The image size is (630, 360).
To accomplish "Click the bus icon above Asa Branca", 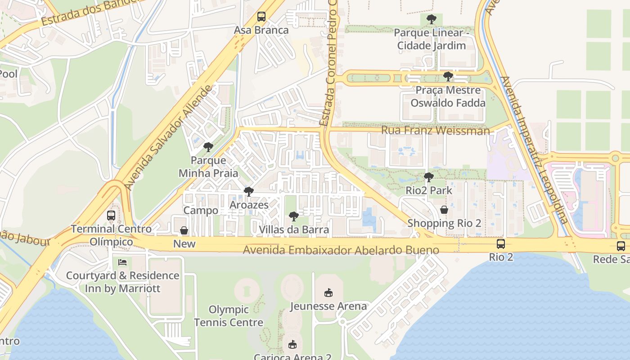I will point(261,17).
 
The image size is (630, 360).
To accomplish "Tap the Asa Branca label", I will point(261,30).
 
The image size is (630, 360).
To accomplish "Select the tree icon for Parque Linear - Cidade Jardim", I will point(431,19).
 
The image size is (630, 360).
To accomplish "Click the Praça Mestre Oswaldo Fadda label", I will point(448,96).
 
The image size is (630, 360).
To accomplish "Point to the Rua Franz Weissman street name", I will point(435,130).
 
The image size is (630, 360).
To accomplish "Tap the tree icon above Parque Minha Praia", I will point(208,147).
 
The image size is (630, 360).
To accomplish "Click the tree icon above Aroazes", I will point(248,192).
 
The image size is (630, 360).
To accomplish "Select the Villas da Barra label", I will point(293,229).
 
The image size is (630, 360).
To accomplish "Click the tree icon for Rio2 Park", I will point(428,177).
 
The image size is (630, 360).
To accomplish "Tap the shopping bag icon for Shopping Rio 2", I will point(444,210).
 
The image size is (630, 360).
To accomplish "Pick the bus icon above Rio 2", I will point(500,244).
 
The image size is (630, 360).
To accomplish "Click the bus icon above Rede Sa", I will point(621,246).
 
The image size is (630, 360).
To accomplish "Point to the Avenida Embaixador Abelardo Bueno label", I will point(341,250).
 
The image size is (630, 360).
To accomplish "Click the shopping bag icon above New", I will point(184,230).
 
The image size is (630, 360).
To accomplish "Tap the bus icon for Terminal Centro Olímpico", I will point(111,216).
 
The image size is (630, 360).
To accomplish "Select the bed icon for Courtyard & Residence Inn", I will point(122,262).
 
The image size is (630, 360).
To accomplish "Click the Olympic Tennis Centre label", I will point(229,316).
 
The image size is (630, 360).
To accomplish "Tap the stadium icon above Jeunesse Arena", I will point(328,293).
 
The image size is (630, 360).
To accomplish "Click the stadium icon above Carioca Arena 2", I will point(292,345).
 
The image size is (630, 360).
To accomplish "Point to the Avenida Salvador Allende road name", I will point(168,138).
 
